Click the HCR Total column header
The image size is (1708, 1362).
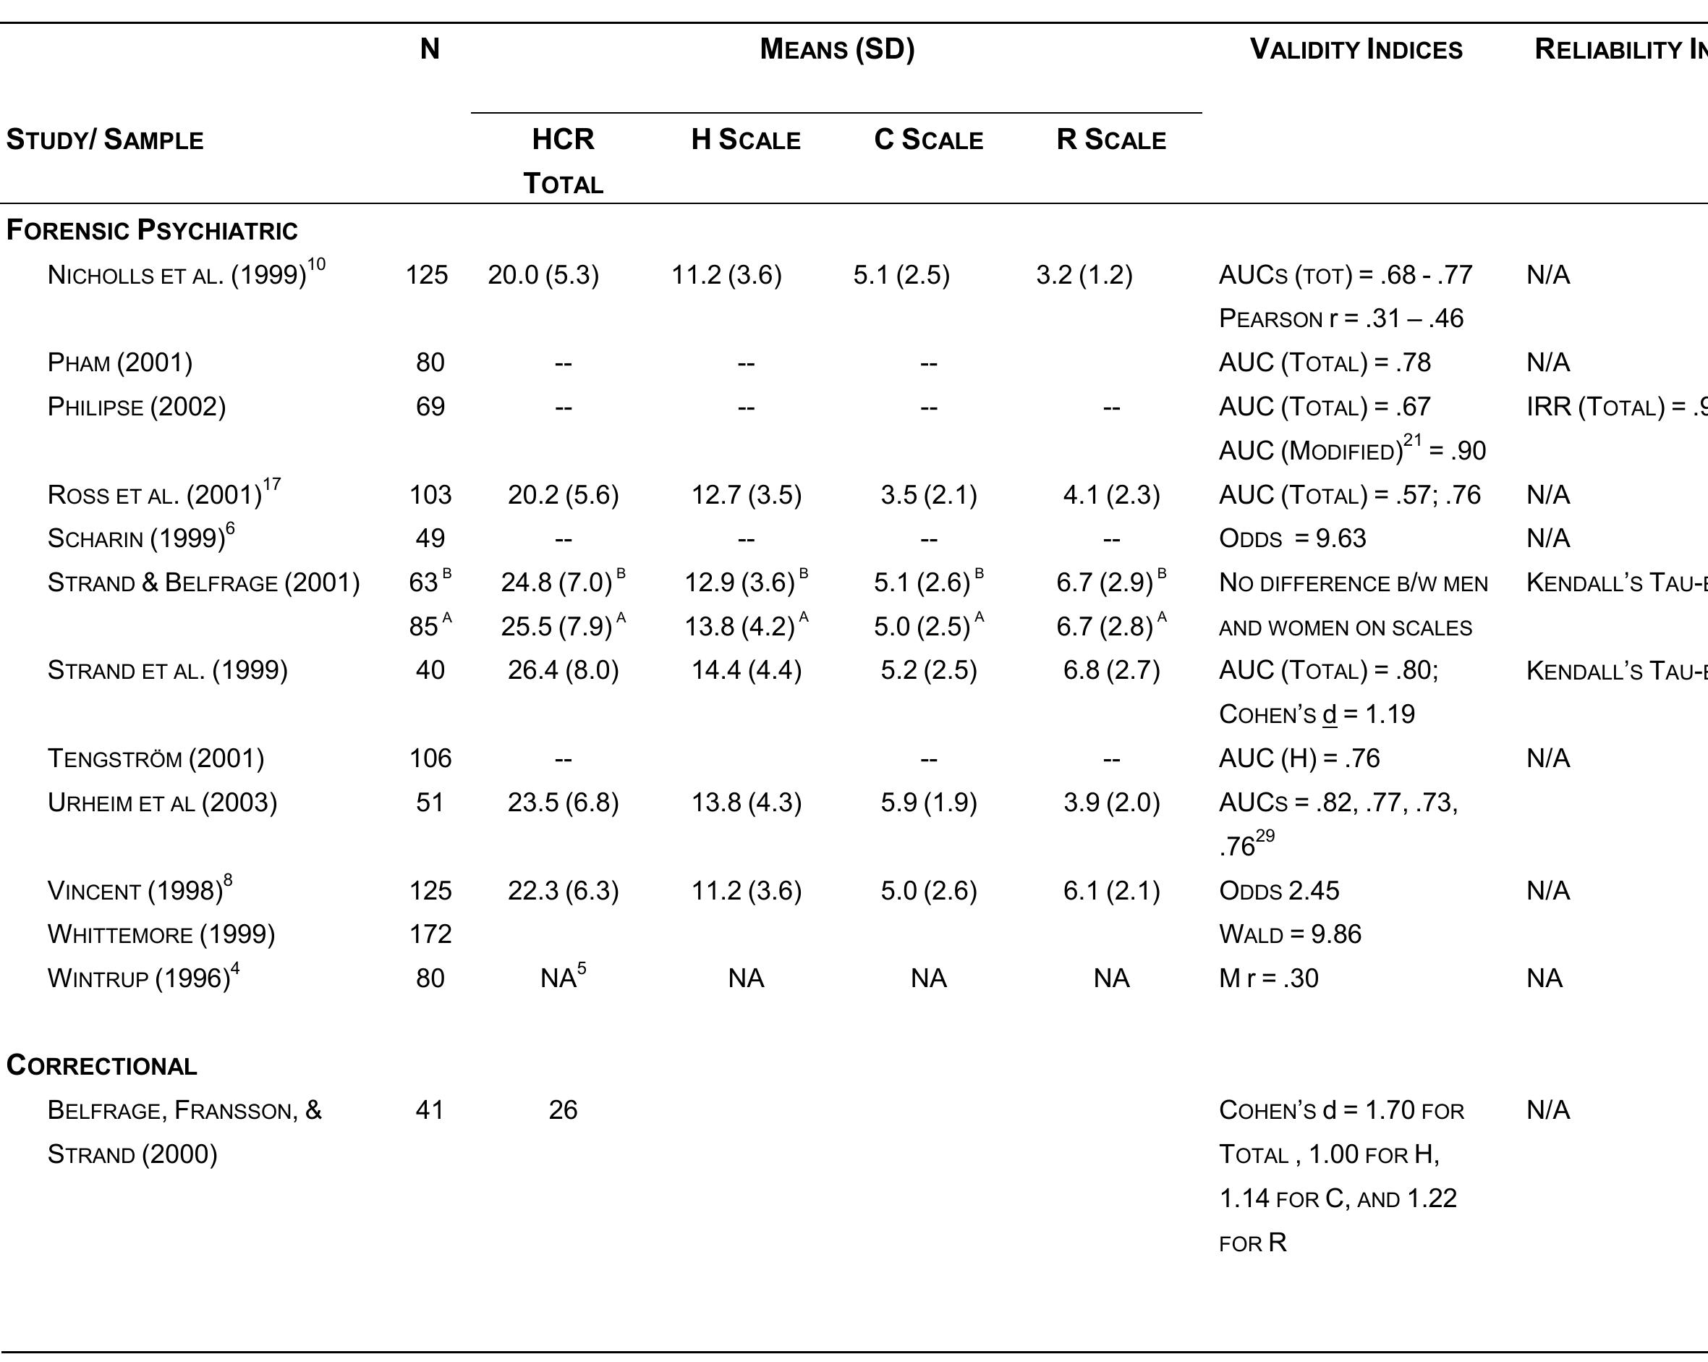click(x=563, y=160)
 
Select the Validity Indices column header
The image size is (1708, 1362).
click(x=1356, y=49)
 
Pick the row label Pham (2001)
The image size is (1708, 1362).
click(x=119, y=362)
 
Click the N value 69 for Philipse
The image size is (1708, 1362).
click(x=430, y=407)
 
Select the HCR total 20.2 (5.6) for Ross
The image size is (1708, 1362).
click(x=563, y=494)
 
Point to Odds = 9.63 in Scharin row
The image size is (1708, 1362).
click(x=1292, y=538)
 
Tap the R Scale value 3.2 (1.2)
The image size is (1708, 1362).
click(x=1084, y=275)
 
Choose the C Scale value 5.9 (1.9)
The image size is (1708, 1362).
click(x=928, y=803)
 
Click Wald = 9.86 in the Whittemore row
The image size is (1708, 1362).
click(x=1290, y=934)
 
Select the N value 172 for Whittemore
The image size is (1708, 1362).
click(x=430, y=934)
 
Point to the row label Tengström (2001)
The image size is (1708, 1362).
click(x=156, y=758)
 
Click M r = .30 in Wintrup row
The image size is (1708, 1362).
click(x=1268, y=978)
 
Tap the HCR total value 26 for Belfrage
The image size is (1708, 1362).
click(x=563, y=1110)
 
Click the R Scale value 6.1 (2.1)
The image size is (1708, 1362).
click(x=1110, y=891)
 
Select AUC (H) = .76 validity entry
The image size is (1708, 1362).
click(x=1299, y=758)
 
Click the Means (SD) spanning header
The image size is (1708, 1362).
click(x=836, y=49)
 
